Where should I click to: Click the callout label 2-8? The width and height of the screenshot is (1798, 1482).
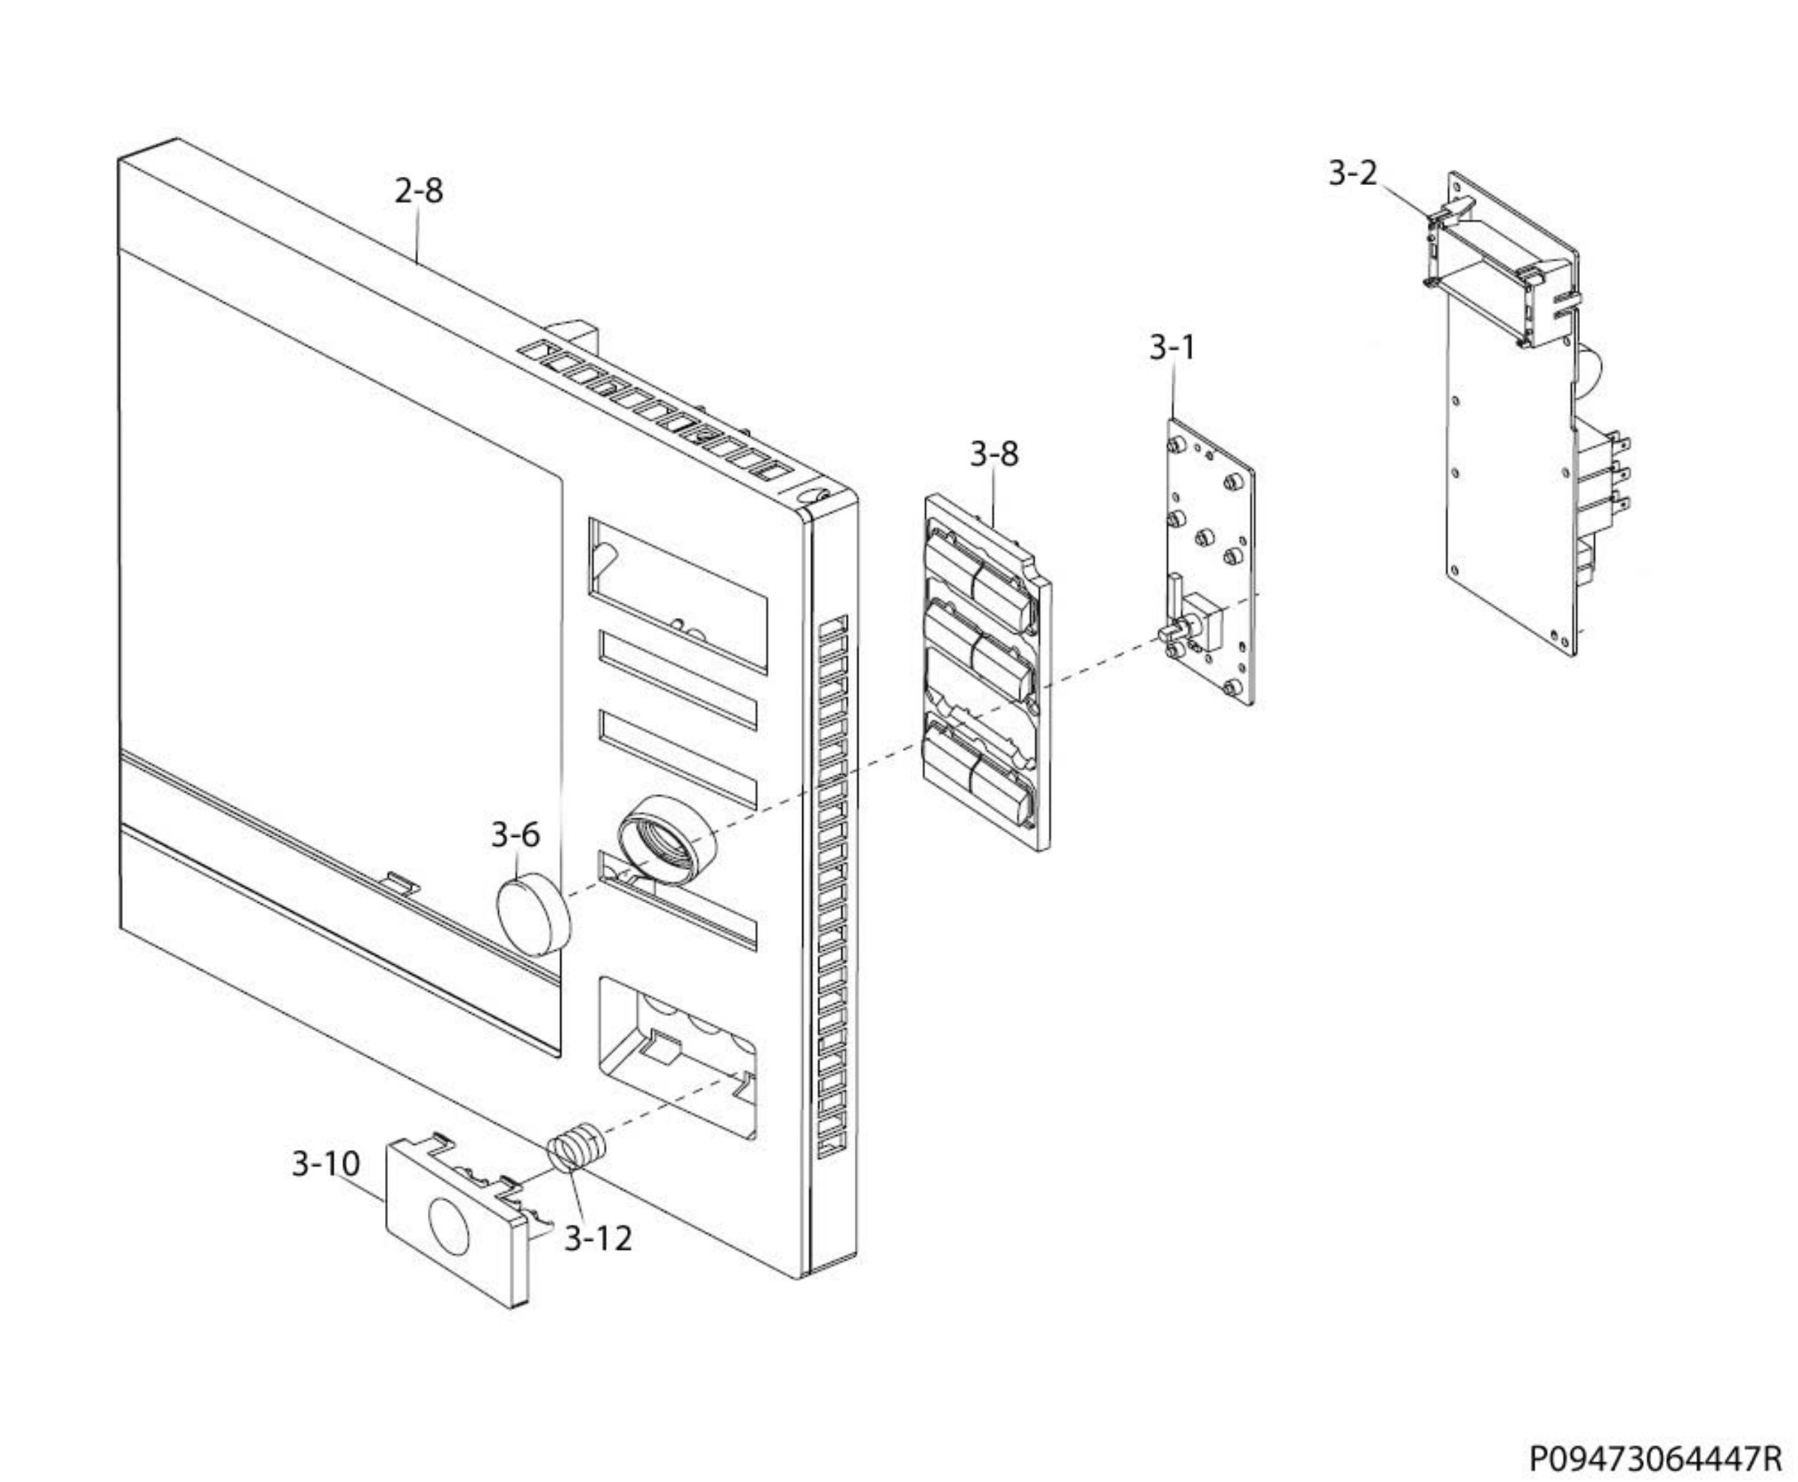click(x=418, y=190)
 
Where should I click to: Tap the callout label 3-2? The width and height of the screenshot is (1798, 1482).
click(x=1352, y=173)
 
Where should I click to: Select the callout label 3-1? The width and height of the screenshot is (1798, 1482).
click(x=1172, y=348)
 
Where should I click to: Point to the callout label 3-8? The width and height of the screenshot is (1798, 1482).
click(x=993, y=453)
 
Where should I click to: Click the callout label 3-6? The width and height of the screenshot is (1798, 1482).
click(x=515, y=834)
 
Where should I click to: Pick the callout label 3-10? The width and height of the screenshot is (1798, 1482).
click(x=325, y=1164)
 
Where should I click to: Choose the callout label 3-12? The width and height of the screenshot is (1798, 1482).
click(x=598, y=1238)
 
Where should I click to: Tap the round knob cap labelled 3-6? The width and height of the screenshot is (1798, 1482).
click(x=533, y=913)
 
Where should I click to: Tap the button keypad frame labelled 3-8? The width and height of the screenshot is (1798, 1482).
click(x=987, y=674)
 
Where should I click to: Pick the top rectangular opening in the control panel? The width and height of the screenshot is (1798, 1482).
click(x=677, y=593)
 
